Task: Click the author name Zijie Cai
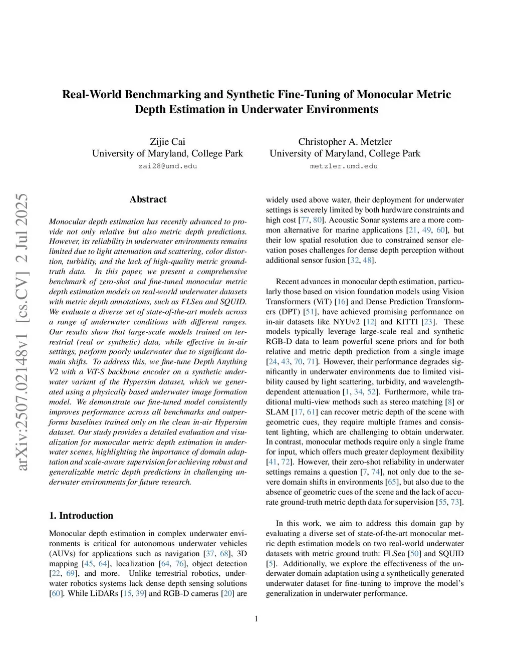pos(167,142)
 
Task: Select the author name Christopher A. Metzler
pos(345,142)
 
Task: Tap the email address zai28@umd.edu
pos(167,166)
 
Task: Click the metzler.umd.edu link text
pos(344,166)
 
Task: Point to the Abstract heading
pos(148,199)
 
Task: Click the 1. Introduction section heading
pos(81,516)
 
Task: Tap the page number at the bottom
pos(256,619)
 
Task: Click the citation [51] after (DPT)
pos(310,312)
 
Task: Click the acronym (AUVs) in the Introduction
pos(62,554)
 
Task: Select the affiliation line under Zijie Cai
pos(167,154)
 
